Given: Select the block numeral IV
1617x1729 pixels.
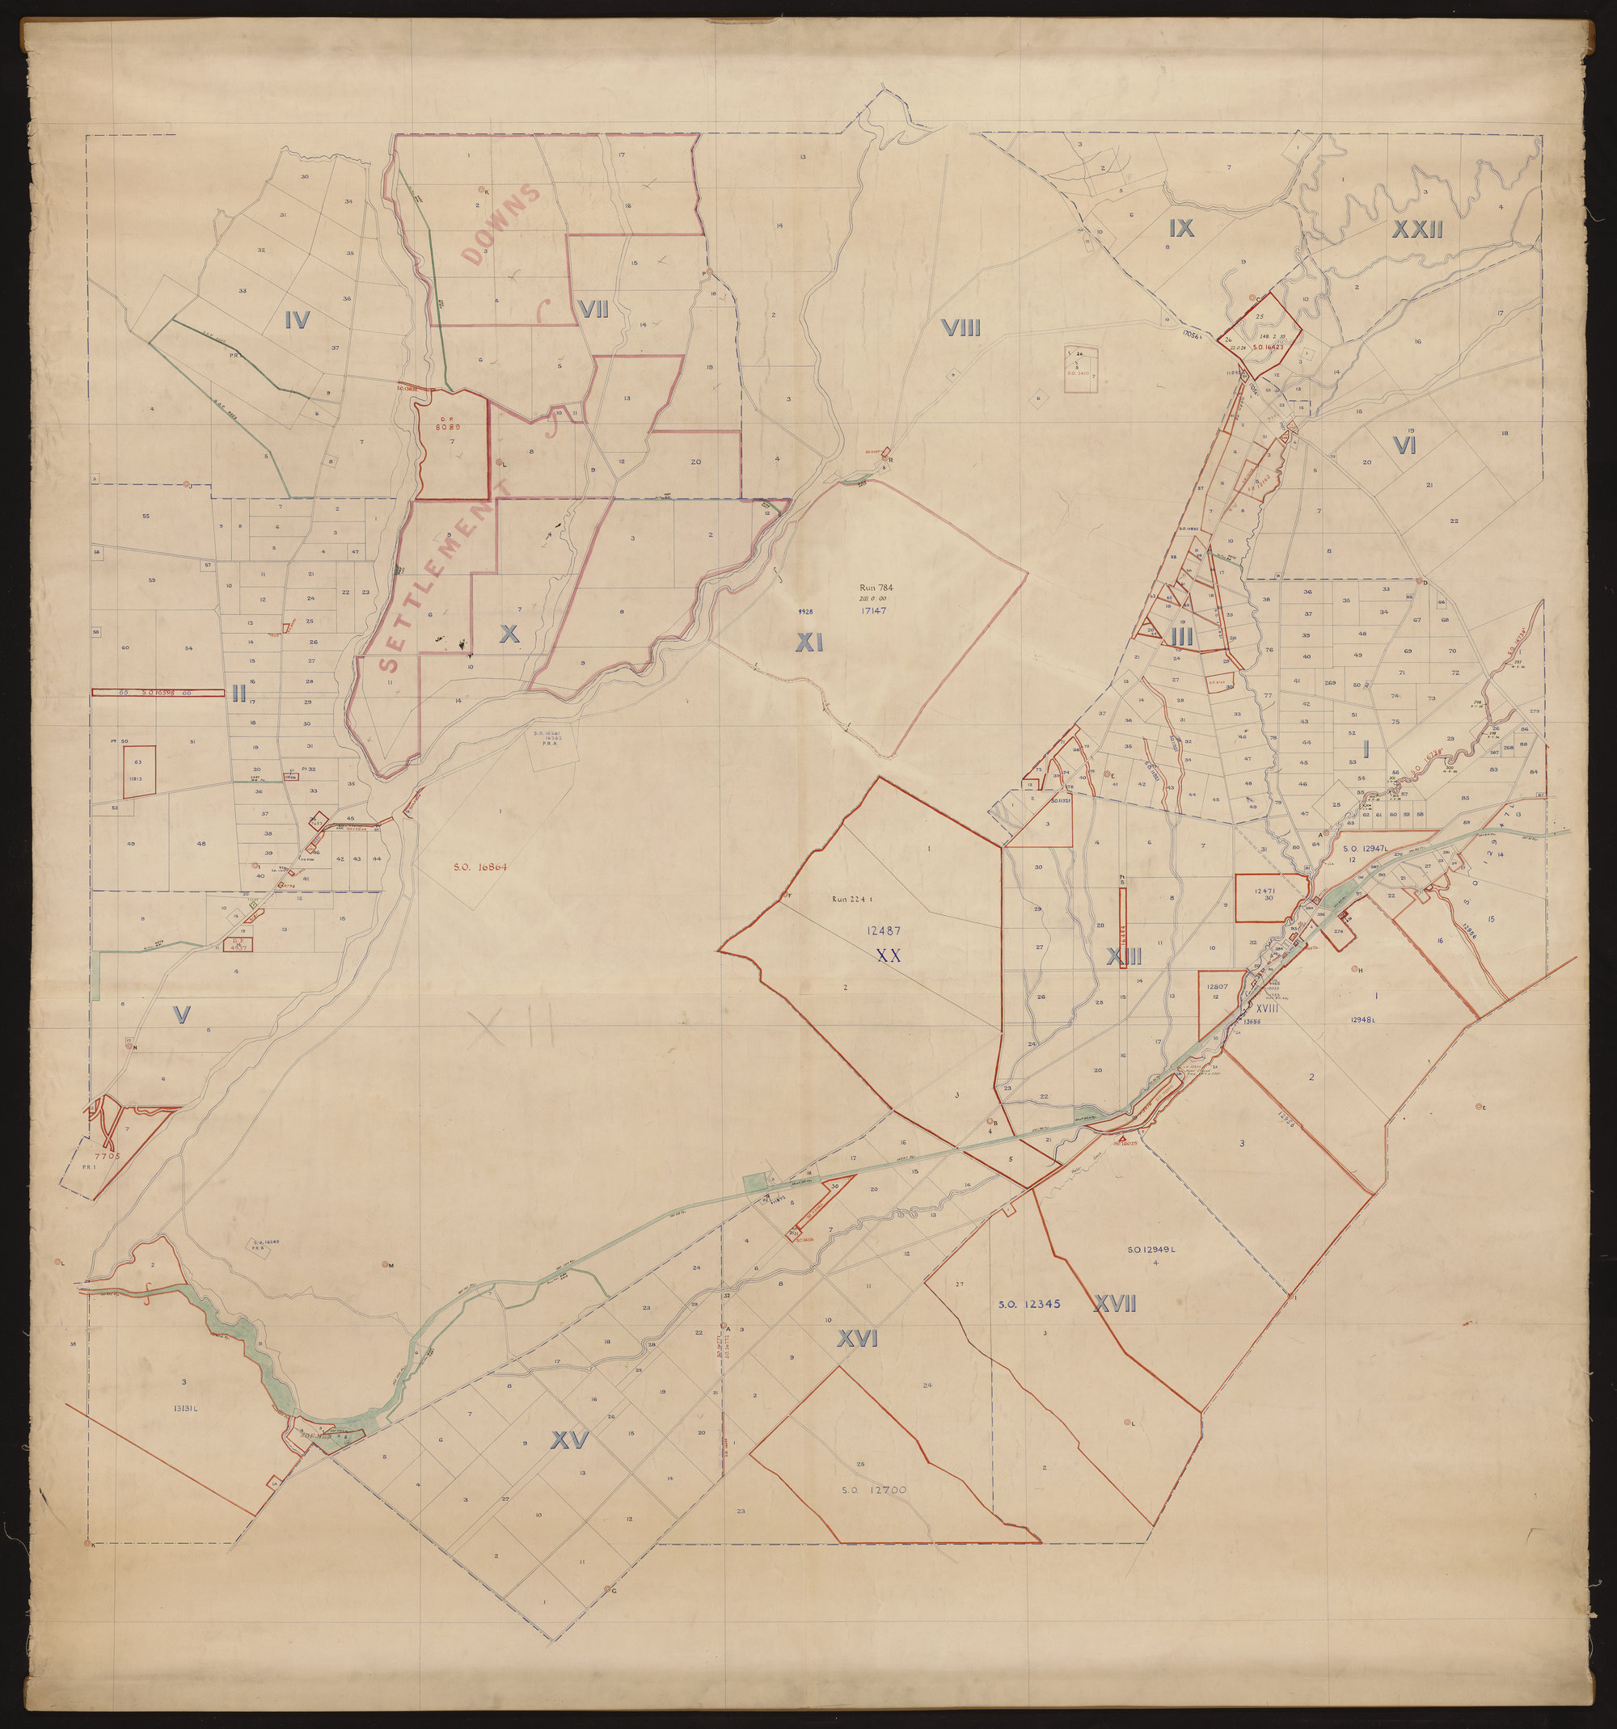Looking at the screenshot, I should (298, 321).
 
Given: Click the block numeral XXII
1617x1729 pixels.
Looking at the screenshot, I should (1418, 230).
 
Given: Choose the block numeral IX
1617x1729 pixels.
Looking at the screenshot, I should (1181, 228).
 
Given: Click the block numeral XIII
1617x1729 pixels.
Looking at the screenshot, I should (1123, 957).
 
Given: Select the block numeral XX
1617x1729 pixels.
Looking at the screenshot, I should (887, 955).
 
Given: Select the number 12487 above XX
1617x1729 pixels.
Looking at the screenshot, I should (882, 930).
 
